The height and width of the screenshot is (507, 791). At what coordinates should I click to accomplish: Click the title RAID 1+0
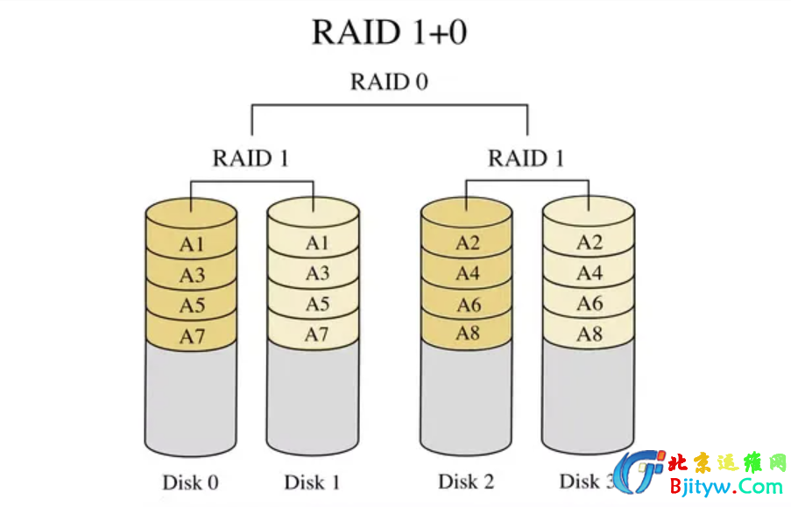pyautogui.click(x=389, y=32)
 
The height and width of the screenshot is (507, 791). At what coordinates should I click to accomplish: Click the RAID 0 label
pyautogui.click(x=389, y=82)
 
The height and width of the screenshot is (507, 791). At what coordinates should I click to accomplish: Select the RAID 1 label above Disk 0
pyautogui.click(x=251, y=158)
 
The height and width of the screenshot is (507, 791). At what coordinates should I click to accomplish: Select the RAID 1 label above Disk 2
pyautogui.click(x=526, y=158)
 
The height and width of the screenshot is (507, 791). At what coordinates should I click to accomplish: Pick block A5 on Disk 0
pyautogui.click(x=192, y=306)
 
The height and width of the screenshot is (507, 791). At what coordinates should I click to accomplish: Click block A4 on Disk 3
pyautogui.click(x=590, y=274)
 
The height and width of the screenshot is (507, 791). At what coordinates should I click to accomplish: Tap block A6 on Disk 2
pyautogui.click(x=468, y=305)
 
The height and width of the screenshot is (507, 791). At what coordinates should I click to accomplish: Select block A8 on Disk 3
pyautogui.click(x=590, y=334)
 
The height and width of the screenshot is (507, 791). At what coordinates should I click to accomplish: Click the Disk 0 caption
pyautogui.click(x=190, y=482)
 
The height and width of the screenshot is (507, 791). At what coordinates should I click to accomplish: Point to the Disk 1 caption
pyautogui.click(x=312, y=482)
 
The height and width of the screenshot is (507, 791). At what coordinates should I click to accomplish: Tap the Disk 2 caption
pyautogui.click(x=466, y=482)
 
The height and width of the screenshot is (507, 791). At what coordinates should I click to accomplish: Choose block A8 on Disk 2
pyautogui.click(x=468, y=334)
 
